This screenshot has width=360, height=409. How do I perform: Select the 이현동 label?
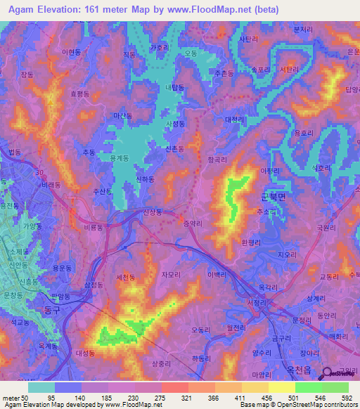pyautogui.click(x=71, y=52)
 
